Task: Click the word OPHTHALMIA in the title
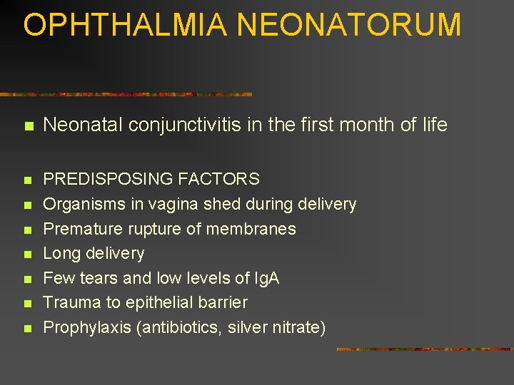[125, 25]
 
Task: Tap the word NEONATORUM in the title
[349, 25]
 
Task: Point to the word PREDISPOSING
[99, 180]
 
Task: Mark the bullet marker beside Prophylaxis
[28, 329]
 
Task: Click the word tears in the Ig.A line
[91, 278]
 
